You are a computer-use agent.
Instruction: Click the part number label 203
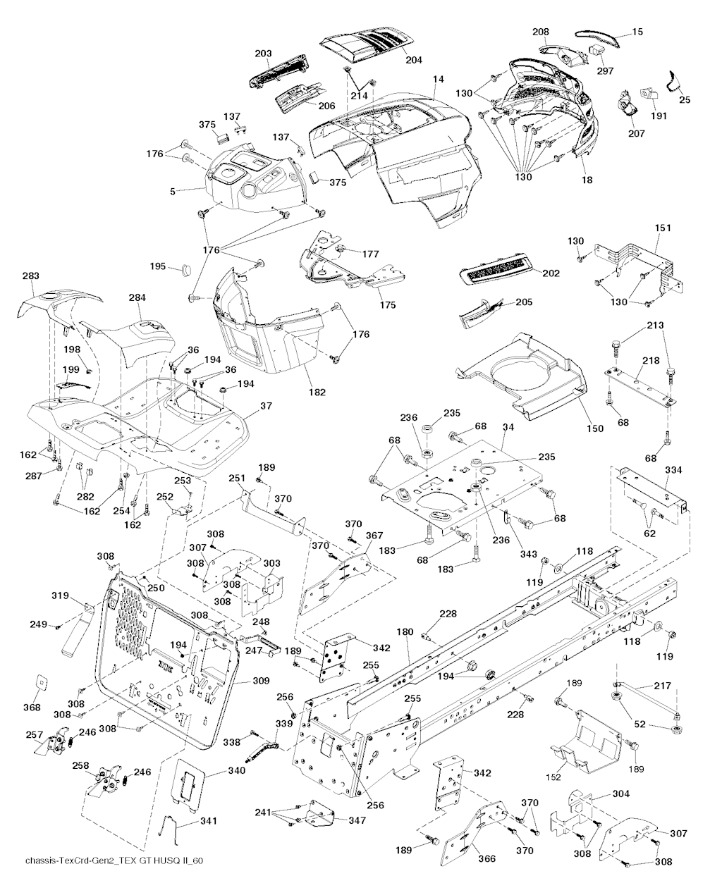263,54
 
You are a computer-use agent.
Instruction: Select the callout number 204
413,60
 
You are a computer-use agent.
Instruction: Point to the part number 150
594,428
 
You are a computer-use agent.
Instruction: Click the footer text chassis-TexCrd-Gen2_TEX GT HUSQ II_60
114,881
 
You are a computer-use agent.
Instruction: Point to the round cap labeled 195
187,268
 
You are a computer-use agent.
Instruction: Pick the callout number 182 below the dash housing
317,392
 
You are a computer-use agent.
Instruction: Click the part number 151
663,228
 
